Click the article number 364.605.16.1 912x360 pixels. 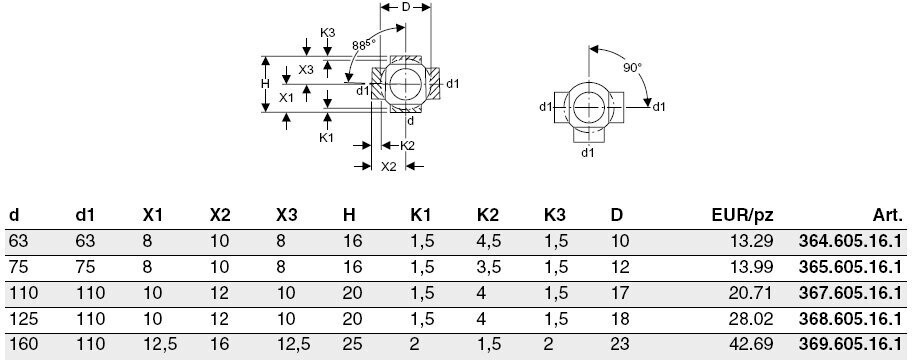tap(846, 241)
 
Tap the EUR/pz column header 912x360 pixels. tap(743, 216)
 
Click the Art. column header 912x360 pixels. tap(888, 216)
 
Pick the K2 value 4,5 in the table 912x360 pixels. tap(489, 241)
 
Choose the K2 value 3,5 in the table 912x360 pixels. tap(489, 267)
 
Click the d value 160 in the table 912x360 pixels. tap(23, 344)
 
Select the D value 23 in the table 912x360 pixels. tap(620, 344)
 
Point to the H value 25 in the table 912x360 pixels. tap(352, 344)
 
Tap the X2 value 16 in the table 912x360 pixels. tap(219, 344)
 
